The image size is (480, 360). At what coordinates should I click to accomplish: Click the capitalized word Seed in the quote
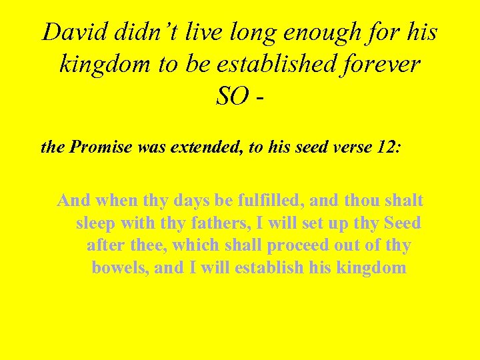pos(401,223)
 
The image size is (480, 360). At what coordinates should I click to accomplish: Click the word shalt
pos(402,200)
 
